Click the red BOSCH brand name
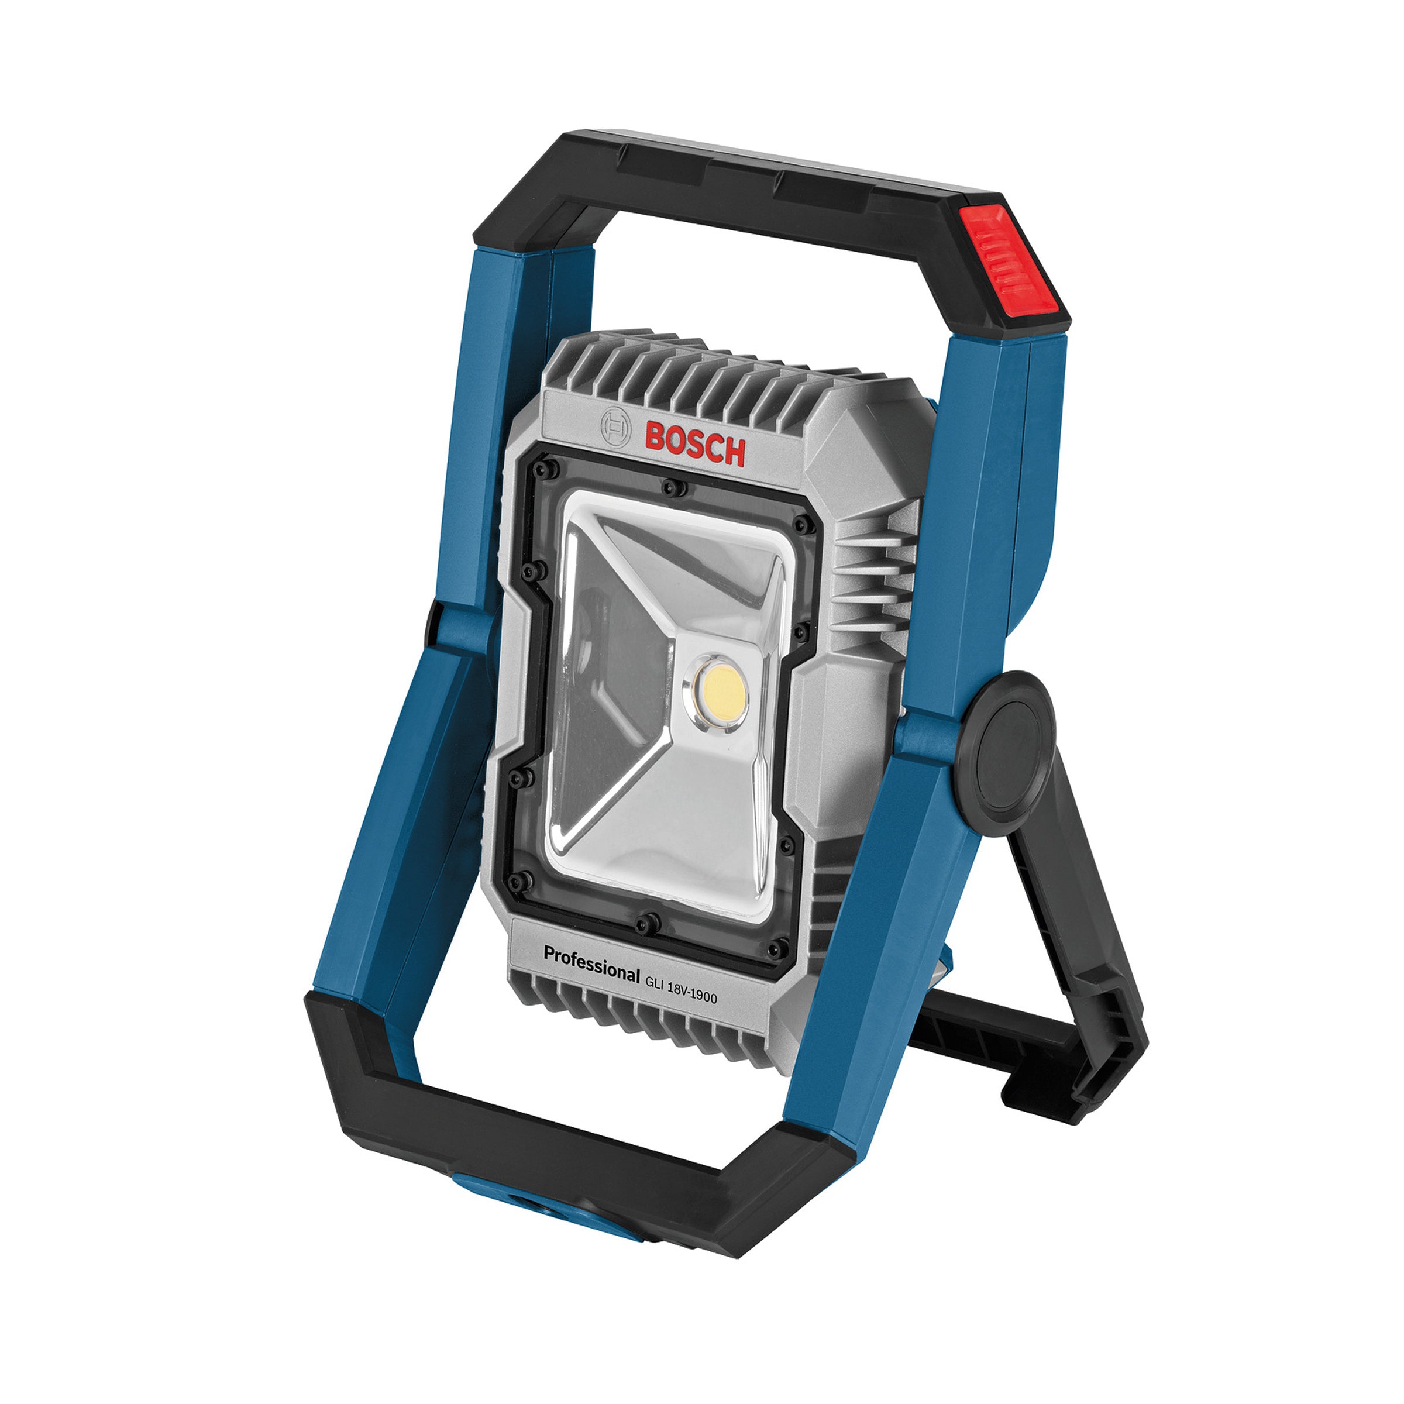tap(695, 443)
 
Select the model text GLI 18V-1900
tap(681, 987)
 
